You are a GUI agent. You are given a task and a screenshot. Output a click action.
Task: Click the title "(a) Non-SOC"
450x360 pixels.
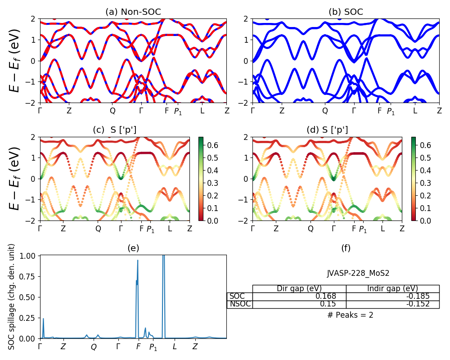133,12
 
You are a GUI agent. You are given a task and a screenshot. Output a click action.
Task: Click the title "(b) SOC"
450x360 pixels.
346,12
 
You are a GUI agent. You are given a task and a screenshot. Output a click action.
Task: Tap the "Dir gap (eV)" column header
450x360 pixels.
299,288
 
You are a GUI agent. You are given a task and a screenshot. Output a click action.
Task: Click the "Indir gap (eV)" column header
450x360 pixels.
392,288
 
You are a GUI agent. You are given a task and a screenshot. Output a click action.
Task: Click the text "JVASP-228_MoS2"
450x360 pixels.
358,273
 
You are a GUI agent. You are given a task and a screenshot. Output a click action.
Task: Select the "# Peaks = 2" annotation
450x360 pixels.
350,315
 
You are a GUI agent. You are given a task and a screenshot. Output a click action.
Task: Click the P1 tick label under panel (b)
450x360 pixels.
391,112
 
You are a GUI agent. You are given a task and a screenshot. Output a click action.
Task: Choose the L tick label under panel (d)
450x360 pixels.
382,229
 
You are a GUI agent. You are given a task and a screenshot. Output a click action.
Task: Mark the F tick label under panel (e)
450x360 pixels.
138,347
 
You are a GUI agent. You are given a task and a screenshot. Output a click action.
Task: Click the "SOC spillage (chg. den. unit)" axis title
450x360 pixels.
12,297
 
